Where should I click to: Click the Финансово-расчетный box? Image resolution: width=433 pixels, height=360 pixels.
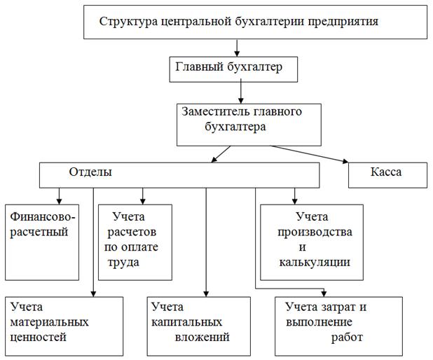(42, 241)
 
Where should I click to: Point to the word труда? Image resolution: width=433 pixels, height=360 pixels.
(123, 263)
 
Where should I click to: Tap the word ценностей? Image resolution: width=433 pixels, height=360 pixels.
(39, 338)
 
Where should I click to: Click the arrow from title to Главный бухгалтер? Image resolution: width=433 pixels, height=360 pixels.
(238, 47)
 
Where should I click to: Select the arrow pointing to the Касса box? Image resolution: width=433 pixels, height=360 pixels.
(312, 154)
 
